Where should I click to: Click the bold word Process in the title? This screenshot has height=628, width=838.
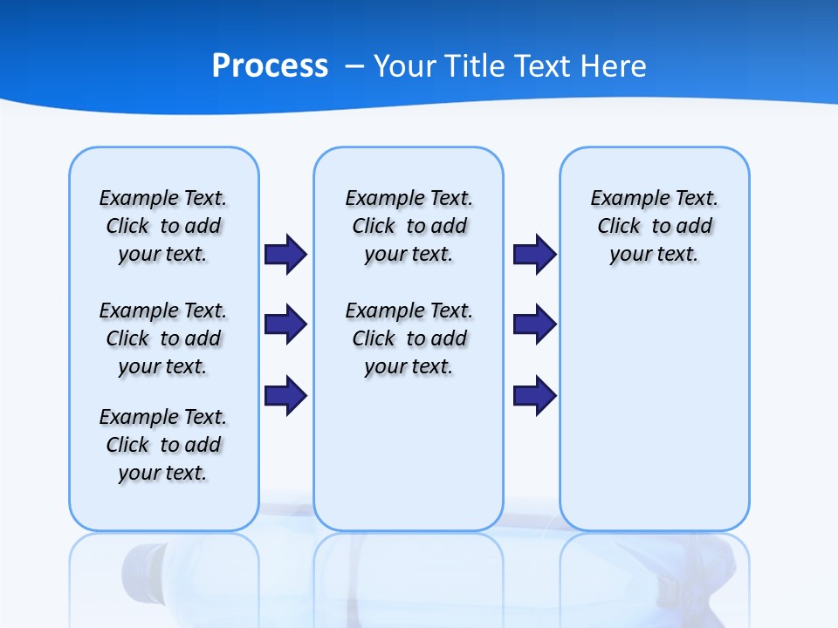pos(270,66)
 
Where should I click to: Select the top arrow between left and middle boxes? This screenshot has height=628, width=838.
pos(285,255)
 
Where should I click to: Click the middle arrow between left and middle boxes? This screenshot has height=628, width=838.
pos(285,324)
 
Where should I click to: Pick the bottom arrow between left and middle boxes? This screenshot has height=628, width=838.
pos(285,395)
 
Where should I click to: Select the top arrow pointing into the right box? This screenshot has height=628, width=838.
pos(534,255)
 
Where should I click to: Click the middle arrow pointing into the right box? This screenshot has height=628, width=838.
pos(534,324)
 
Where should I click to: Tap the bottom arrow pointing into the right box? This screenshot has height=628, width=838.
pos(534,395)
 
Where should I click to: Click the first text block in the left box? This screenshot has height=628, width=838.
pos(163,226)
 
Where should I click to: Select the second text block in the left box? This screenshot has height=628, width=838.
pos(163,338)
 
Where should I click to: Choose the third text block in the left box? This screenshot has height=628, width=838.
pos(163,445)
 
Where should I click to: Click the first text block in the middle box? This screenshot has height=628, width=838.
pos(409,226)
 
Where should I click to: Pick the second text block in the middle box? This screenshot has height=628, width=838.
pos(409,338)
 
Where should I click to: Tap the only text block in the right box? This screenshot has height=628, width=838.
pos(654,226)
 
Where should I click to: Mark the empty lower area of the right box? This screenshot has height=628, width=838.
pos(654,419)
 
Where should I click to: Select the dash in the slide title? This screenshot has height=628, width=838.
pos(354,66)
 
